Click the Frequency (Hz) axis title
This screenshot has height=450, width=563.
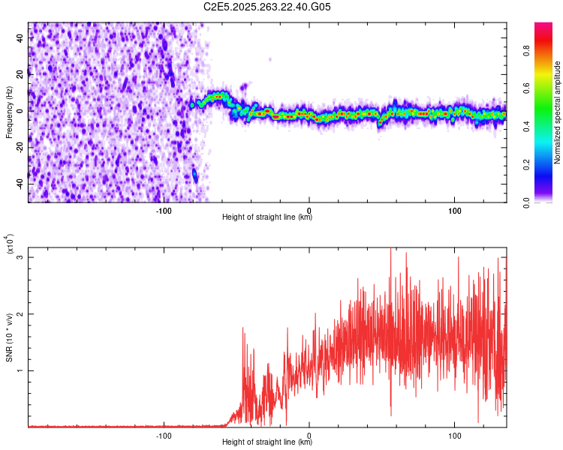coord(9,112)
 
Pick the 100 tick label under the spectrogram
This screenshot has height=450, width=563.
coord(454,209)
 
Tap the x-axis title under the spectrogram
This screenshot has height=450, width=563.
coord(267,217)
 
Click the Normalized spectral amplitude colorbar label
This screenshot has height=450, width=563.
coord(558,112)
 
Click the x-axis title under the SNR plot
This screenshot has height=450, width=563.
coord(267,442)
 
